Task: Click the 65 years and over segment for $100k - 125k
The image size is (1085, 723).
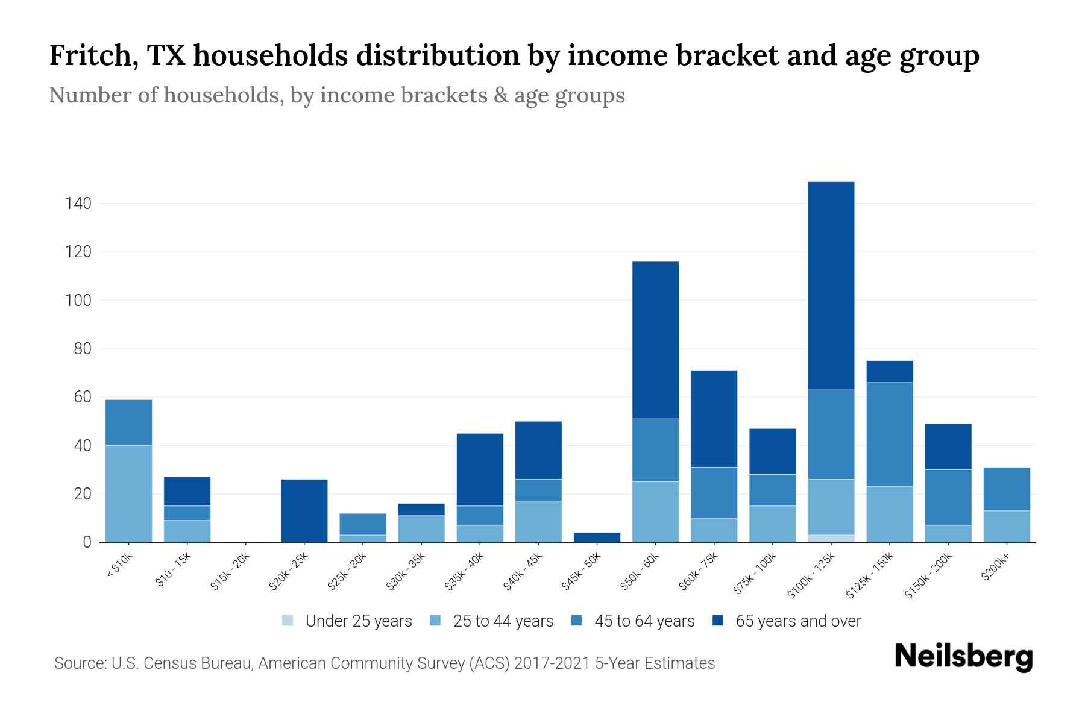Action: tap(831, 286)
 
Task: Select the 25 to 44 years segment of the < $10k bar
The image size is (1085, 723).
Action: tap(128, 494)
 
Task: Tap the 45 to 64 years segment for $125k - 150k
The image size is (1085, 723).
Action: tap(889, 434)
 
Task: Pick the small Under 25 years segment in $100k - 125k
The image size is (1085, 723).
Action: tap(831, 539)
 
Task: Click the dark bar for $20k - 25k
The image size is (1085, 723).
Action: tap(304, 511)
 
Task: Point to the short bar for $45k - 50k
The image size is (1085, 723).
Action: tap(597, 537)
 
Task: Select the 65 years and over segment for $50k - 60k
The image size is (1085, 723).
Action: tap(655, 340)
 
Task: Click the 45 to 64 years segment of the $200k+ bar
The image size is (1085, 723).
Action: tap(1006, 489)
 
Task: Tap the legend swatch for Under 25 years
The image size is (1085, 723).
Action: tap(288, 621)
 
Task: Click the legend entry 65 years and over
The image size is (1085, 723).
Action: tap(797, 621)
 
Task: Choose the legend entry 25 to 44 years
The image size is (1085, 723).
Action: tap(503, 621)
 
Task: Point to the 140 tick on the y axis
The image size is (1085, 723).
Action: tap(78, 204)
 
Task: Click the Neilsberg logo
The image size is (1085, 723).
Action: tap(963, 657)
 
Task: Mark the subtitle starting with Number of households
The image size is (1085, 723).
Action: tap(336, 95)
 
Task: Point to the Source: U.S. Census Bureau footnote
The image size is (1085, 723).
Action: tap(384, 663)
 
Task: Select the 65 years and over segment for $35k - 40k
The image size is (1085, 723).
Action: tap(480, 469)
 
